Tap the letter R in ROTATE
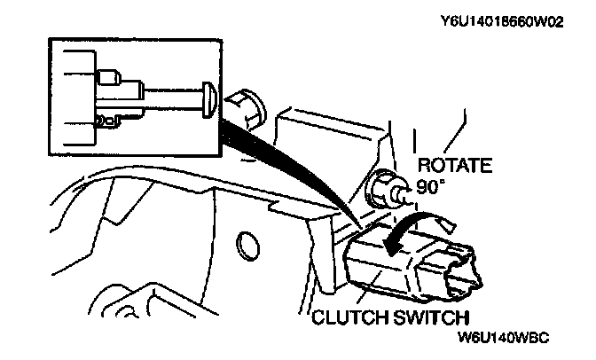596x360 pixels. pos(424,164)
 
